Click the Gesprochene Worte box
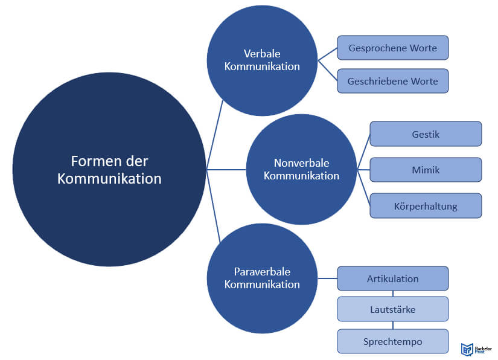point(393,48)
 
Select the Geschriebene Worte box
point(393,81)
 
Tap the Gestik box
point(426,134)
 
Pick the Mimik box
point(426,170)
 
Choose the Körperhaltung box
point(426,206)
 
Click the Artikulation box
point(393,278)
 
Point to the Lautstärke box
point(393,309)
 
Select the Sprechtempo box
point(393,341)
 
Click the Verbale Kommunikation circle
point(262,60)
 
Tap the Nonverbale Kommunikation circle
point(301,169)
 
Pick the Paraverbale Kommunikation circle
point(262,278)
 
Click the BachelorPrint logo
point(476,349)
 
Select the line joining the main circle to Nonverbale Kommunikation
point(226,170)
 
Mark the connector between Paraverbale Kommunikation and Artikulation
point(327,278)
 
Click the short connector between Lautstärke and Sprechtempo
point(393,326)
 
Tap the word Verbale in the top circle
point(262,54)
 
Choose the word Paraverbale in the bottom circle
point(262,272)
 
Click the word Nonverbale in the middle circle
point(301,163)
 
